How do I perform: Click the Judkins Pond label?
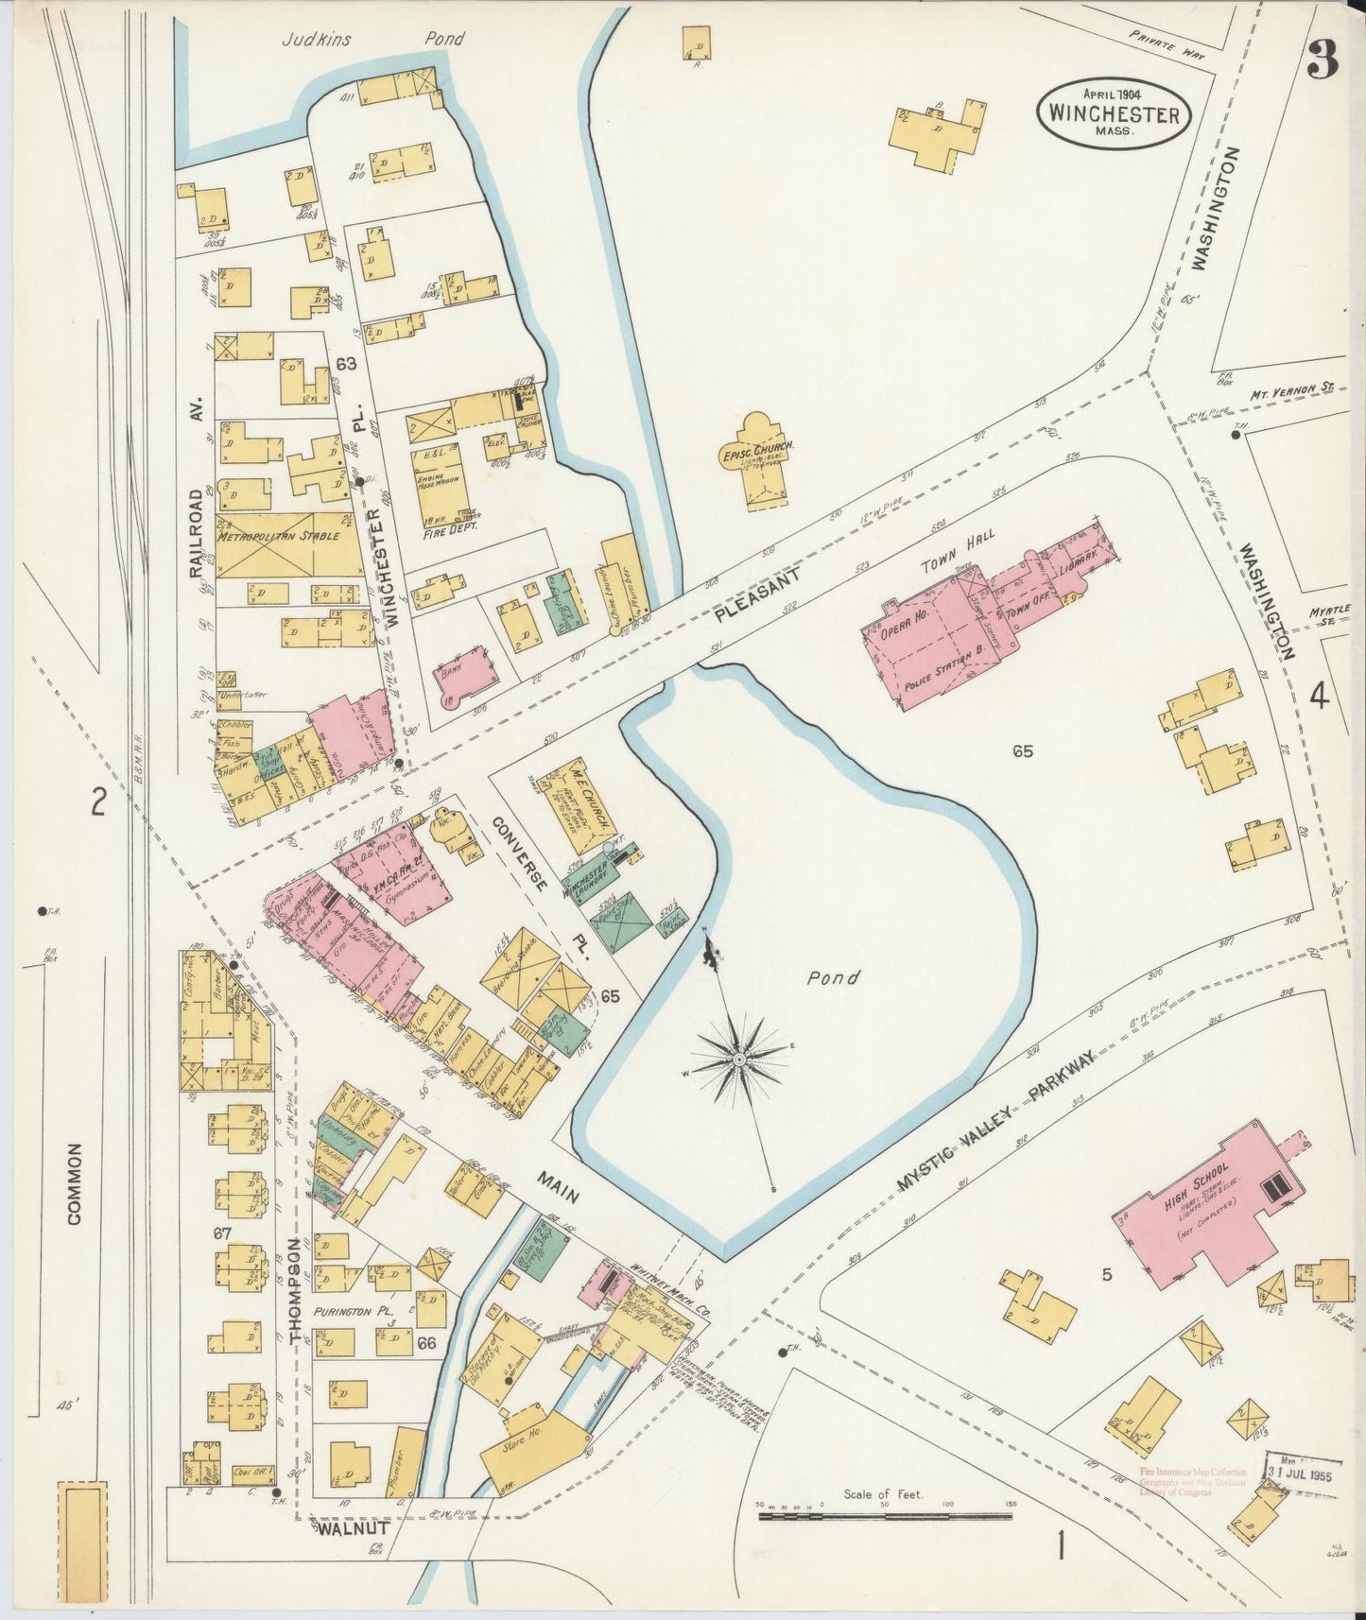[374, 40]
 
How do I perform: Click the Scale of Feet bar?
[884, 1517]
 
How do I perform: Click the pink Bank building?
[467, 676]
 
